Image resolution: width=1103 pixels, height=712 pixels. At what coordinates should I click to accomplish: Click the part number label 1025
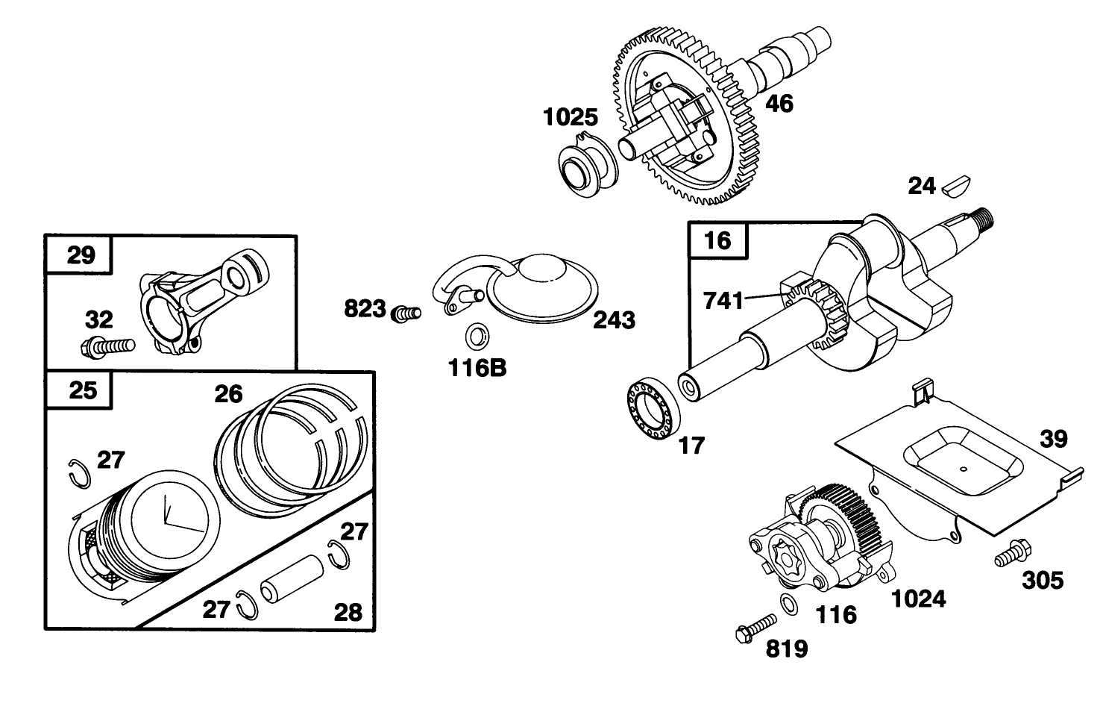point(570,118)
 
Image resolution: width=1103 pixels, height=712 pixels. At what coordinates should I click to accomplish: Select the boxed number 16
point(717,240)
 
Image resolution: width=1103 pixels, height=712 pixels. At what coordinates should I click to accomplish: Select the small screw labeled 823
point(407,313)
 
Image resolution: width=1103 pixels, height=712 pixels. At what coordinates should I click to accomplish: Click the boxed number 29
point(81,255)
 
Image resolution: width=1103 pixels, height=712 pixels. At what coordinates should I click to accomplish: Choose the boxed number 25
point(82,390)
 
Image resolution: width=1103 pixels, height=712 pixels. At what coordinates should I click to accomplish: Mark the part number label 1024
point(919,599)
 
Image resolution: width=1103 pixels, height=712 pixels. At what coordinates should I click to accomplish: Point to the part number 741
point(723,301)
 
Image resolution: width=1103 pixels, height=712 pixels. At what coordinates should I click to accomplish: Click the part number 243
point(615,320)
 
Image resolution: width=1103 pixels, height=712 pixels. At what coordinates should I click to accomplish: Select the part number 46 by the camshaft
point(779,103)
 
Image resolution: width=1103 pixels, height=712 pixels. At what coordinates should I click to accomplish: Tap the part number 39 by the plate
point(1054,439)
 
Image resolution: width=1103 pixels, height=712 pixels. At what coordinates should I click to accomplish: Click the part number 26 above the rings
point(229,394)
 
